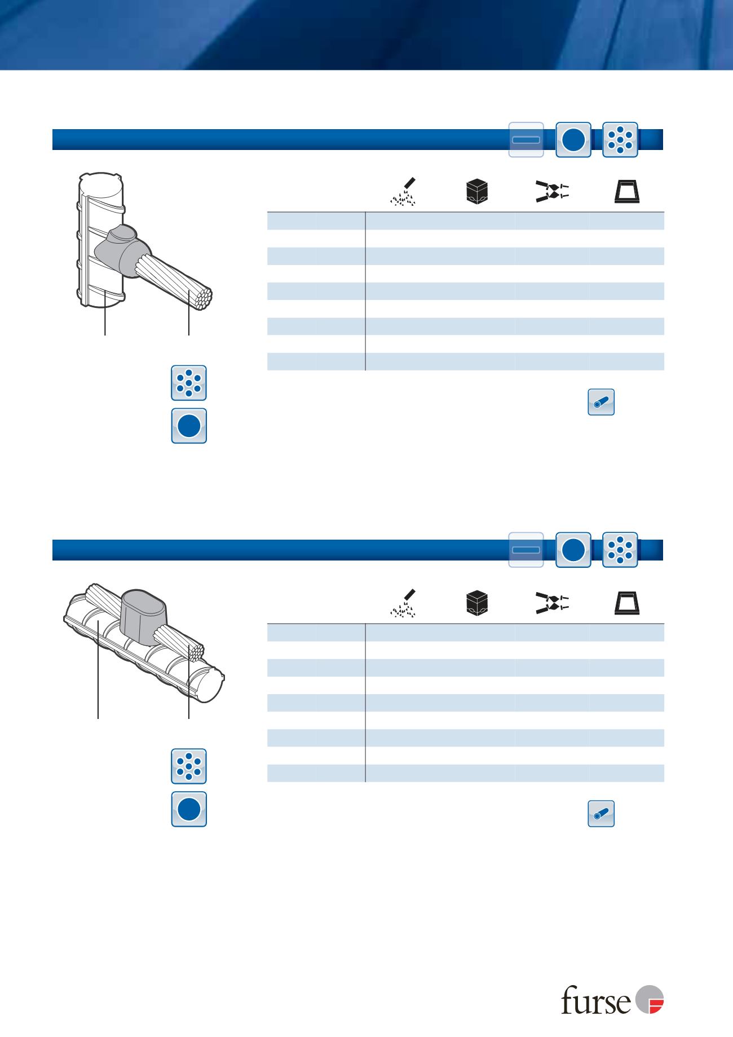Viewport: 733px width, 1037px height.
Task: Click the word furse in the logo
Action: (596, 1000)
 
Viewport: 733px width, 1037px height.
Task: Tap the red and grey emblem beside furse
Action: (650, 1000)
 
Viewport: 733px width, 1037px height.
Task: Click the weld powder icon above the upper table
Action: (404, 191)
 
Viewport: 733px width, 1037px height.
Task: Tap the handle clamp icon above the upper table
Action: (552, 192)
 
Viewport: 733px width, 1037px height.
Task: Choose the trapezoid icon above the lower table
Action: (628, 603)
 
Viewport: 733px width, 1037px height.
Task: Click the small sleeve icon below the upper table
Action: (601, 402)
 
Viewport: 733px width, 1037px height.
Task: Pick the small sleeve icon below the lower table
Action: (601, 814)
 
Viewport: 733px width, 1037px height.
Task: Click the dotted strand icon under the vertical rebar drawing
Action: (189, 383)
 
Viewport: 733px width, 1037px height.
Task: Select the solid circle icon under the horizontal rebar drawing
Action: (189, 809)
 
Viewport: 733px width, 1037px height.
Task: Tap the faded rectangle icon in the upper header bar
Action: (526, 139)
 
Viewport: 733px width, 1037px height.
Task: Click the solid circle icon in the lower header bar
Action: (573, 550)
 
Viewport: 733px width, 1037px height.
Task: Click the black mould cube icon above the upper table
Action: (477, 192)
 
